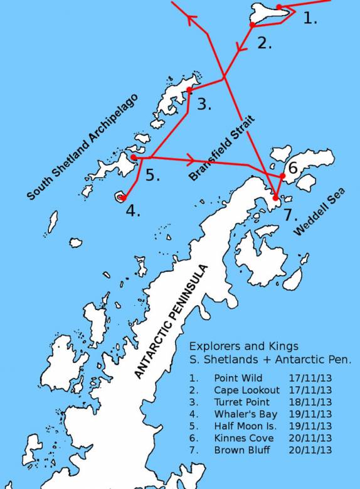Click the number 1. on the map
click(310, 19)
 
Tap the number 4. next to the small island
click(132, 211)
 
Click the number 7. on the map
click(289, 215)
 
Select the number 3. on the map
click(204, 104)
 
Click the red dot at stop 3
click(189, 90)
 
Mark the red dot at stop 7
click(275, 198)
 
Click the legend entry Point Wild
click(238, 379)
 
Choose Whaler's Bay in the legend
click(245, 414)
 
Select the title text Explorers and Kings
click(244, 346)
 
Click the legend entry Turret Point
click(241, 402)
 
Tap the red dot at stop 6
click(283, 176)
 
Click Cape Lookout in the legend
click(246, 390)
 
